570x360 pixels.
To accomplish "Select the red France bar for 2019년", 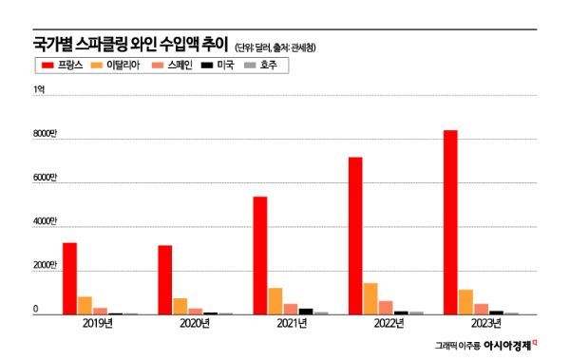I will point(69,278).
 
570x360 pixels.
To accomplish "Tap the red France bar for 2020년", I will point(164,279).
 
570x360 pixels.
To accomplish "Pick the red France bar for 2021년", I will point(259,255).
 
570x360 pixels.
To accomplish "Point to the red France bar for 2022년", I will point(355,236).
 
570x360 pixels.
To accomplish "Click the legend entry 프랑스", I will point(61,66).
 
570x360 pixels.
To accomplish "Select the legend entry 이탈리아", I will point(117,66).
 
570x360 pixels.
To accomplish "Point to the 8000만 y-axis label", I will point(45,135).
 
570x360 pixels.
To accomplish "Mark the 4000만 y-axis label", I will point(45,222).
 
